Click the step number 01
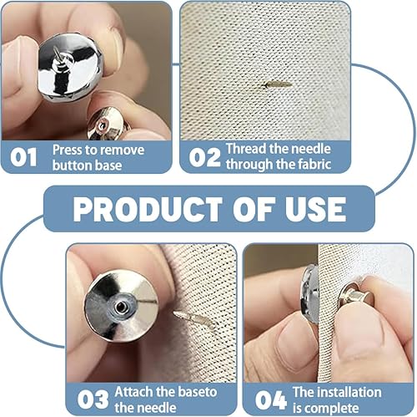click(23, 157)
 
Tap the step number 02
click(204, 157)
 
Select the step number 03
click(93, 399)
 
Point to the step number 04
click(270, 400)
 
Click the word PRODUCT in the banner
click(148, 209)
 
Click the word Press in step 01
click(68, 150)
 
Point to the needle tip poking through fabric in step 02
click(276, 84)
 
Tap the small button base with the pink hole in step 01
click(106, 124)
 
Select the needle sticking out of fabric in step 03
click(193, 319)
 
